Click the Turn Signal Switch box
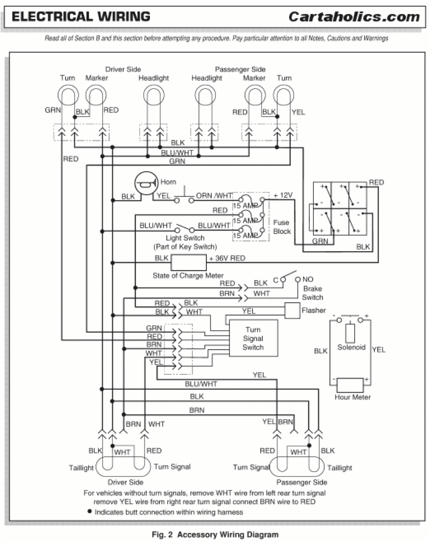pyautogui.click(x=253, y=339)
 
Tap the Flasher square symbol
pyautogui.click(x=292, y=310)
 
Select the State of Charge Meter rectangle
pyautogui.click(x=189, y=263)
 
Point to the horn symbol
pyautogui.click(x=145, y=186)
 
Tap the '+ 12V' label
pyautogui.click(x=283, y=195)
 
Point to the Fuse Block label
pyautogui.click(x=282, y=226)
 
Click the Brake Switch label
pyautogui.click(x=312, y=293)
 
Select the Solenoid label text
pyautogui.click(x=352, y=347)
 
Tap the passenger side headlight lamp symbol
pyautogui.click(x=206, y=97)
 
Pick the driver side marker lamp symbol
pyautogui.click(x=97, y=97)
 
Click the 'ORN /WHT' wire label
pyautogui.click(x=214, y=197)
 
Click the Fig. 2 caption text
pyautogui.click(x=214, y=534)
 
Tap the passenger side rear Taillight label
pyautogui.click(x=339, y=468)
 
